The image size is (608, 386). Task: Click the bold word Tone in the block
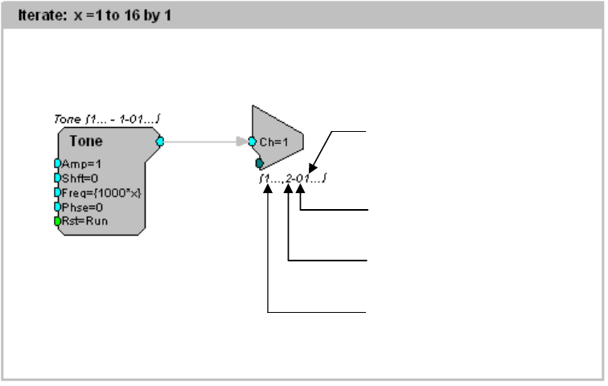85,141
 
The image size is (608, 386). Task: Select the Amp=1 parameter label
80,163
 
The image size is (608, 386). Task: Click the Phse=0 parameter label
81,207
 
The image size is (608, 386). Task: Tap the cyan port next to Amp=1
58,163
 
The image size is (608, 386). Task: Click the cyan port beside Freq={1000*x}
58,192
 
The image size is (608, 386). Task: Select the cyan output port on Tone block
159,142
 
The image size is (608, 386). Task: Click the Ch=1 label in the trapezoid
273,142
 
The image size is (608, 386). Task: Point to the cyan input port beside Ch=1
253,142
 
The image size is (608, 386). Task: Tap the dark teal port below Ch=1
260,163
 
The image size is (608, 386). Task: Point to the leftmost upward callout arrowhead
268,192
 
